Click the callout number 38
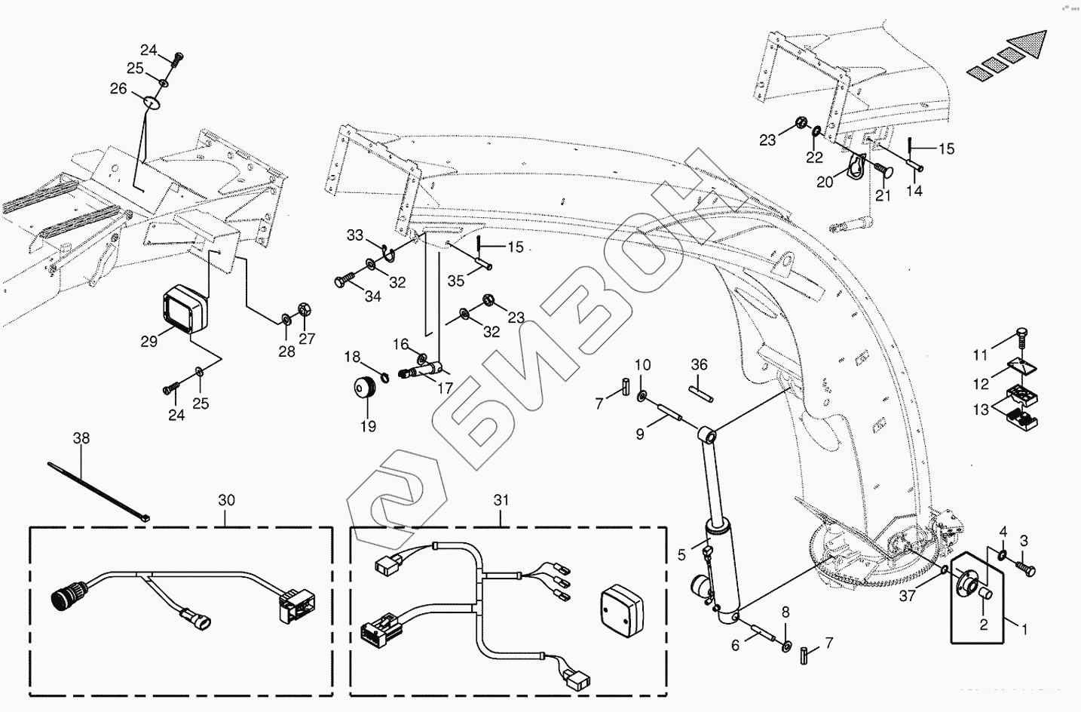[81, 437]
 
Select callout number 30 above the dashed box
[227, 500]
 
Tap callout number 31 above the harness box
[502, 500]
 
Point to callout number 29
[149, 341]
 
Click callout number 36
[700, 365]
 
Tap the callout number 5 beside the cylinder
[681, 555]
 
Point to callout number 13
[981, 410]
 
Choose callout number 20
[824, 183]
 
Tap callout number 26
[118, 88]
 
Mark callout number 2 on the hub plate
[983, 624]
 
